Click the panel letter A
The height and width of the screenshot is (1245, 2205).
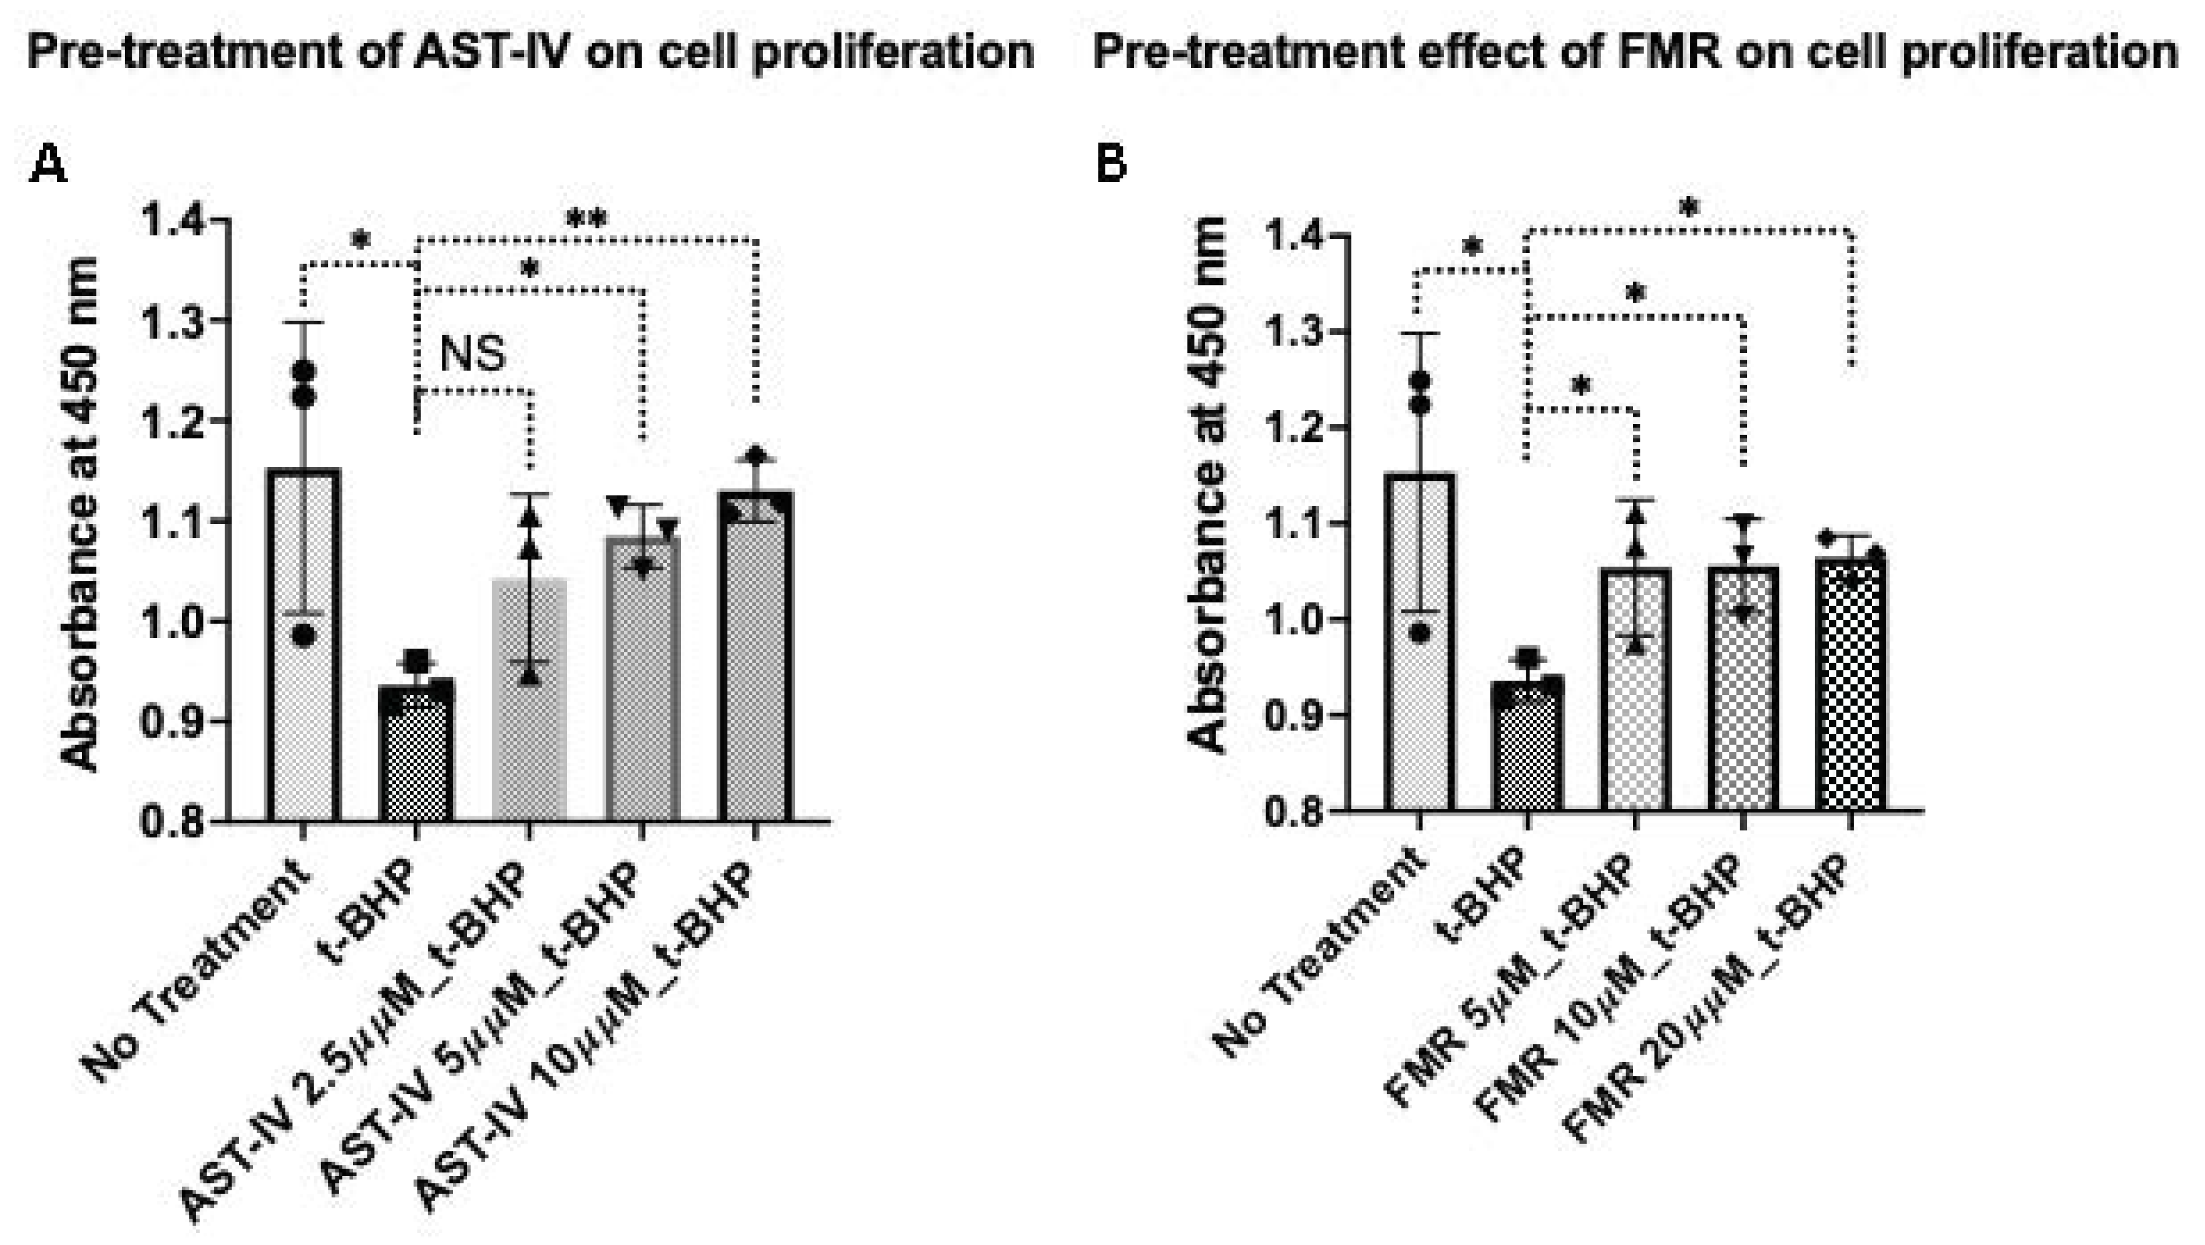(47, 164)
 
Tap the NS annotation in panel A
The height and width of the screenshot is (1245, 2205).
(472, 353)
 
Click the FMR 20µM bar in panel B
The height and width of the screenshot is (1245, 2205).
(1851, 685)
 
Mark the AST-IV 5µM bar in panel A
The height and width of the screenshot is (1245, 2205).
(643, 685)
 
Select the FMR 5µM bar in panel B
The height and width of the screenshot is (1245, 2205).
(1636, 693)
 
